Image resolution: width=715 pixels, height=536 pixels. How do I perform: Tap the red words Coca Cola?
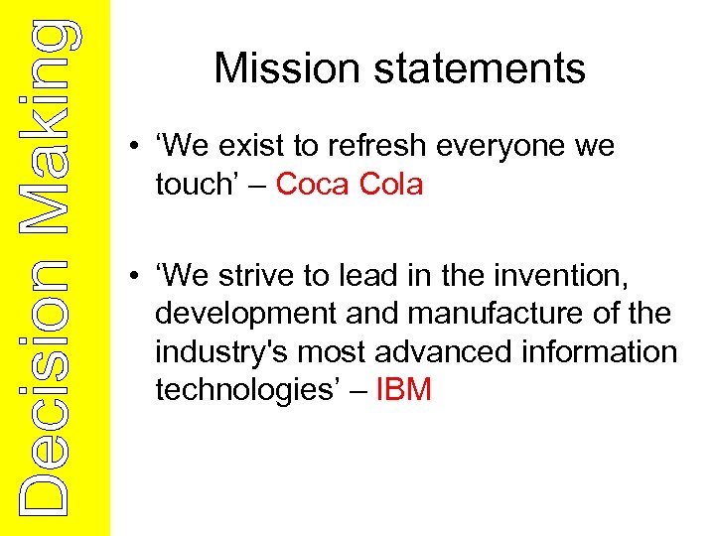coord(349,184)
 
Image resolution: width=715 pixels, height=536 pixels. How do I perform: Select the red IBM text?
coord(404,390)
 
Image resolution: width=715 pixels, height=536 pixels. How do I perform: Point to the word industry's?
coord(215,352)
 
